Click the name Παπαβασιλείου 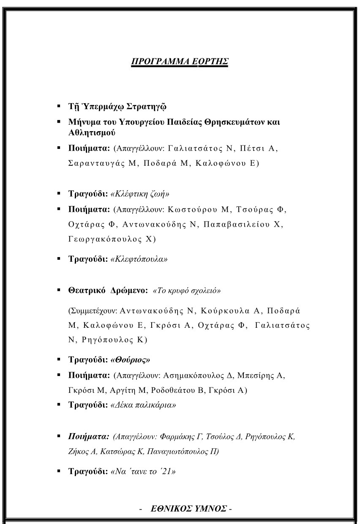click(238, 225)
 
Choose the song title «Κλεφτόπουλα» click(139, 259)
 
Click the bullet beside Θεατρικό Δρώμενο click(59, 291)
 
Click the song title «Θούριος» click(131, 360)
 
